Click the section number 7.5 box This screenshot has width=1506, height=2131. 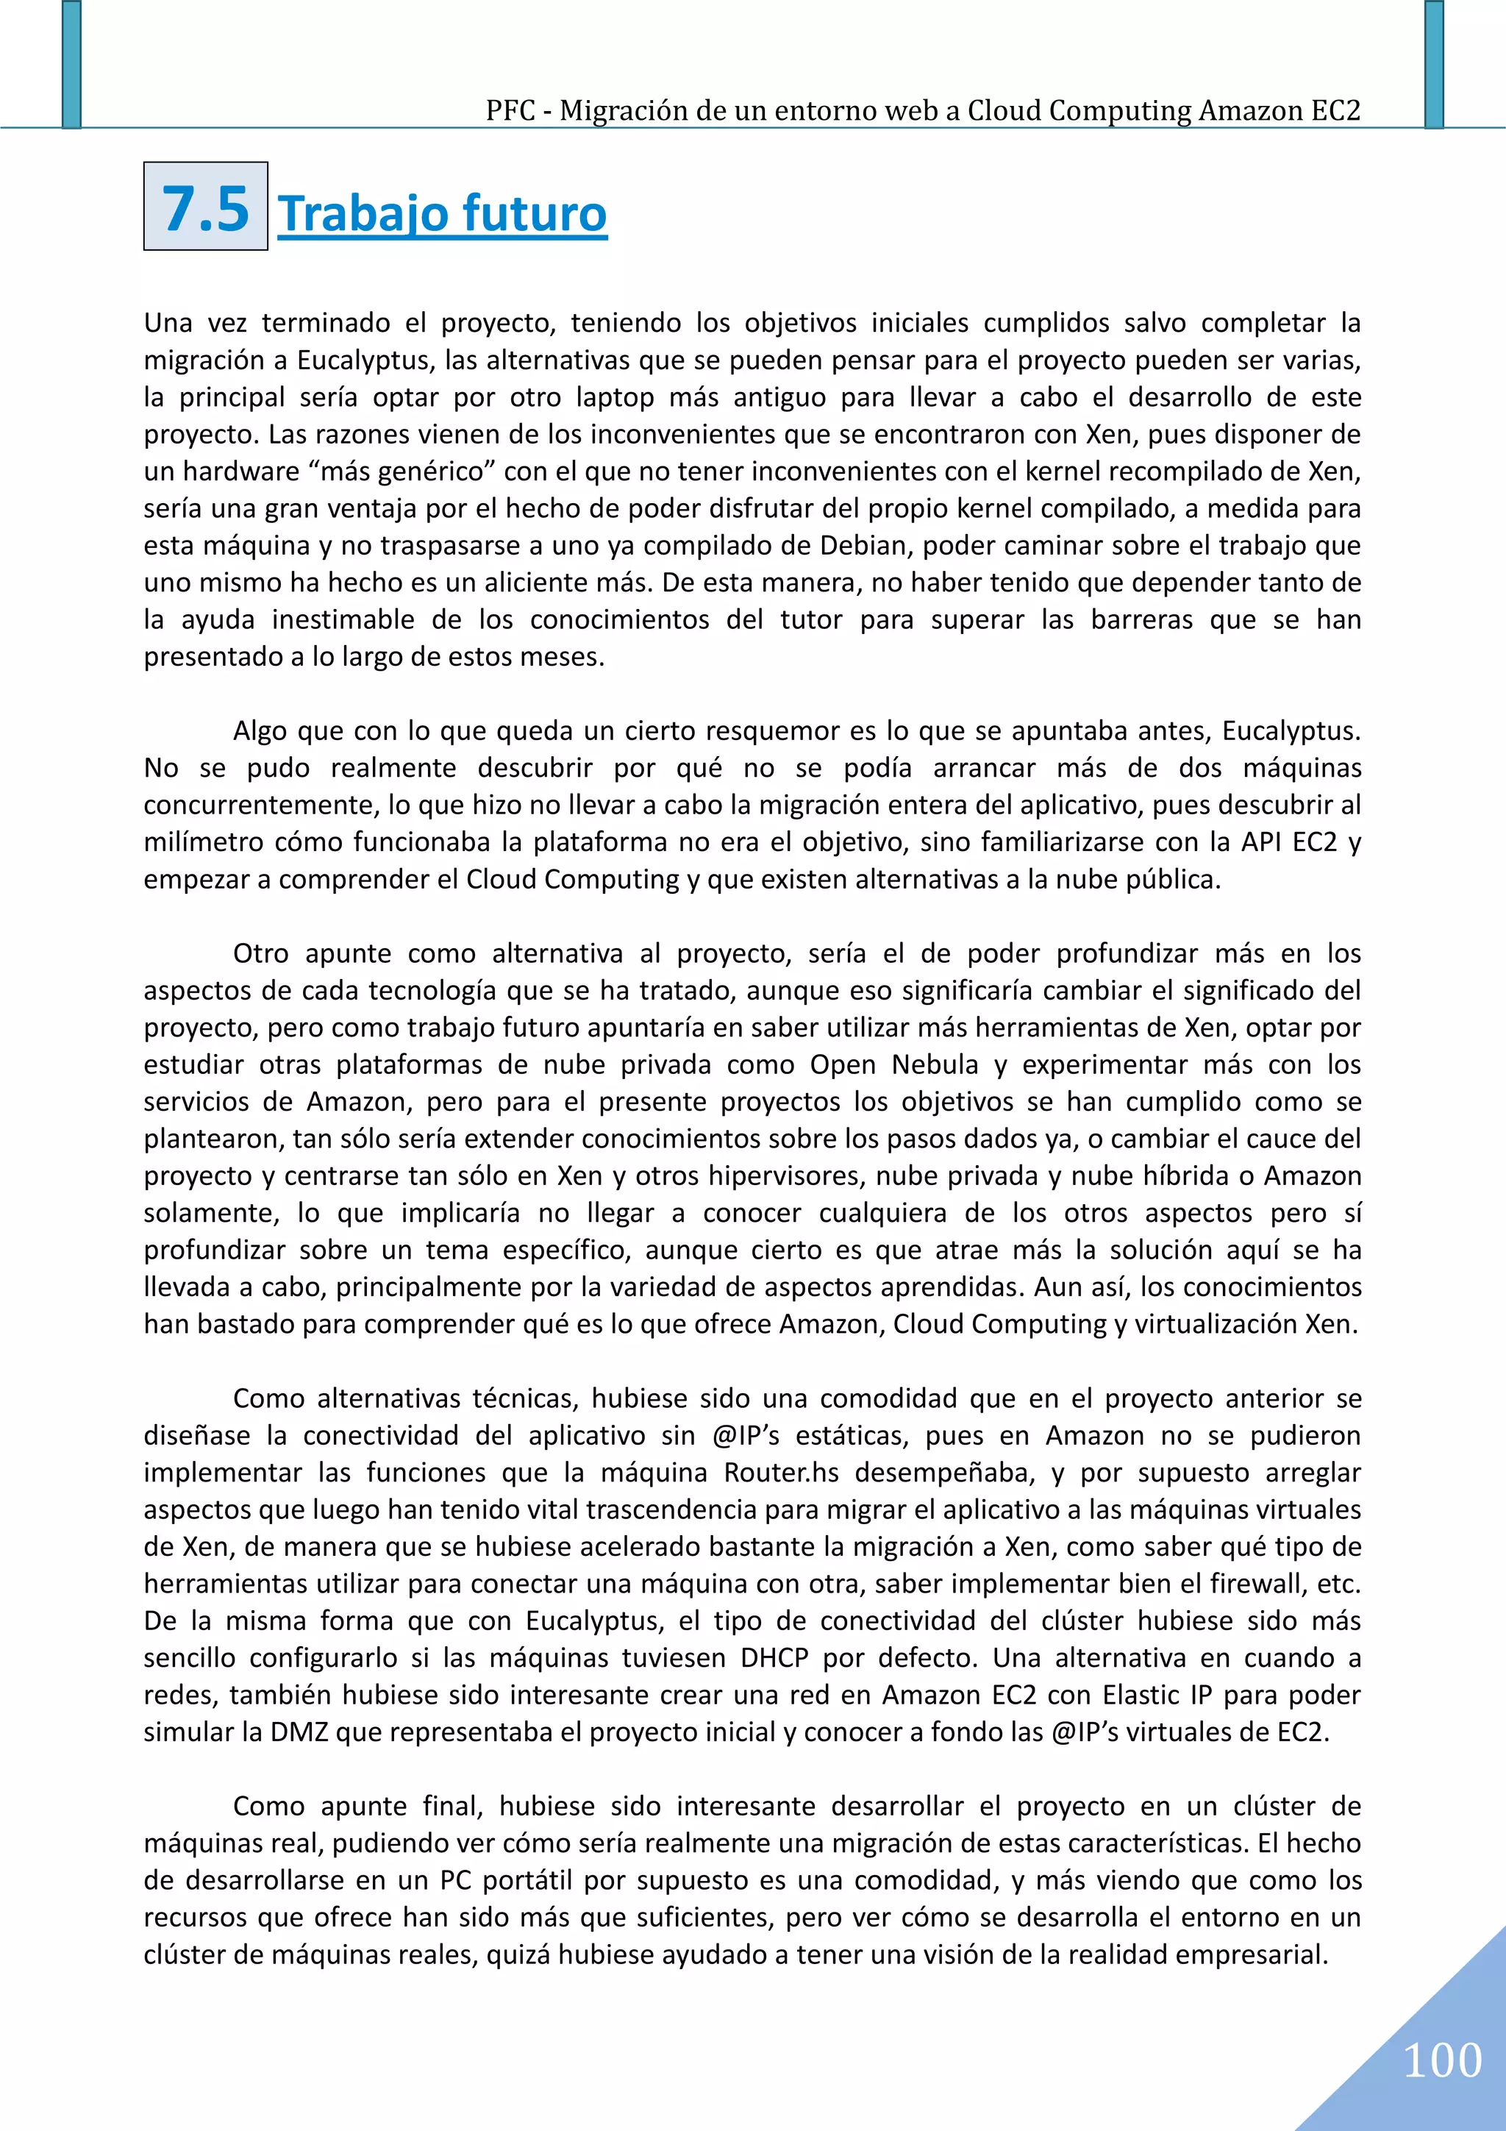point(205,207)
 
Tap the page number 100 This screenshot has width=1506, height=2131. point(1442,2060)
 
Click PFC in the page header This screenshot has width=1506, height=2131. point(510,111)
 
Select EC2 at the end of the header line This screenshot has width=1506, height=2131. point(1335,111)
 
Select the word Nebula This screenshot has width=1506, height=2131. point(935,1064)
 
